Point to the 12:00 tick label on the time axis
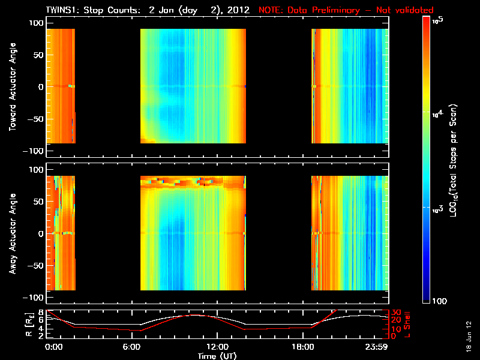pos(217,347)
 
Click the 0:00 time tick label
pos(53,347)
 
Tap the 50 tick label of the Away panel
pos(38,202)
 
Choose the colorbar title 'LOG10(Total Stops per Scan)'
pos(460,161)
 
